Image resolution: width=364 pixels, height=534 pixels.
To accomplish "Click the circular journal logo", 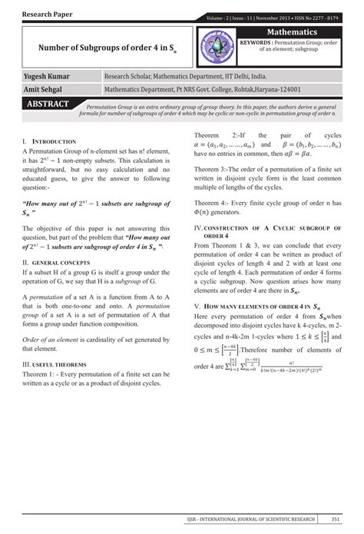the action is tap(217, 47).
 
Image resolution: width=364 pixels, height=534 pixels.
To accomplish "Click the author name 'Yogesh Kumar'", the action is tap(48, 77).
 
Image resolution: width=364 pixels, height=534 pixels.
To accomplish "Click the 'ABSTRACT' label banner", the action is tap(48, 104).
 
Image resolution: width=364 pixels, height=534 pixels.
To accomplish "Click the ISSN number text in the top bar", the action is tap(321, 17).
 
